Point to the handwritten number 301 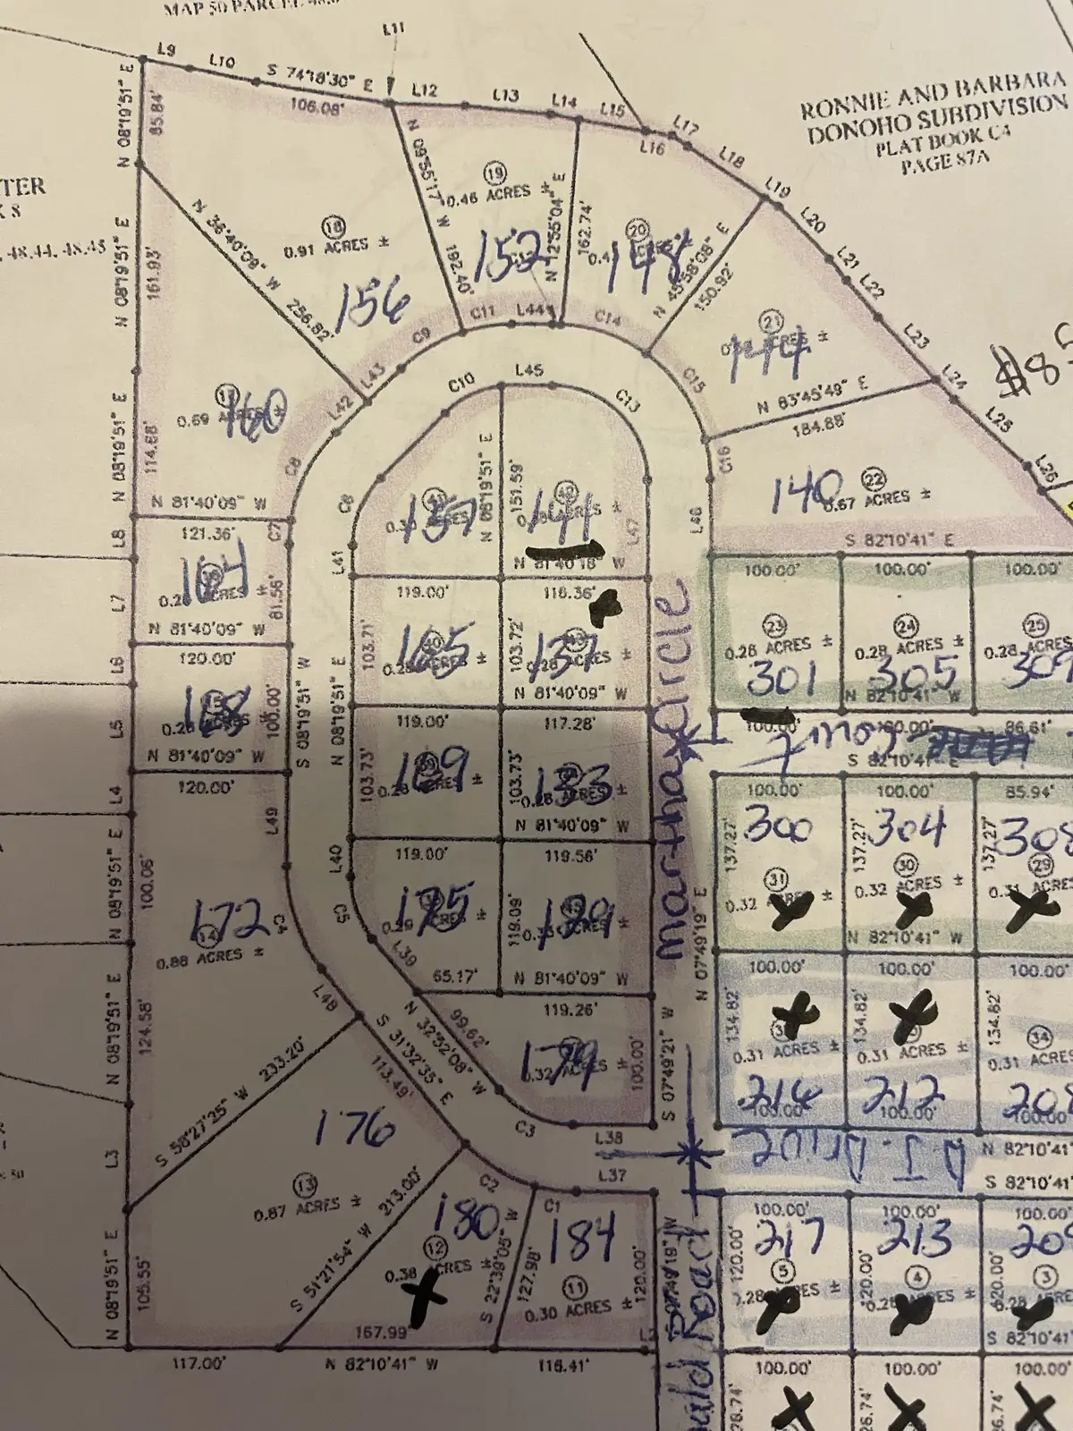pos(780,680)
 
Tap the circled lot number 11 pos(572,1287)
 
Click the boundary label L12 pos(425,90)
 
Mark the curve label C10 pos(461,382)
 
